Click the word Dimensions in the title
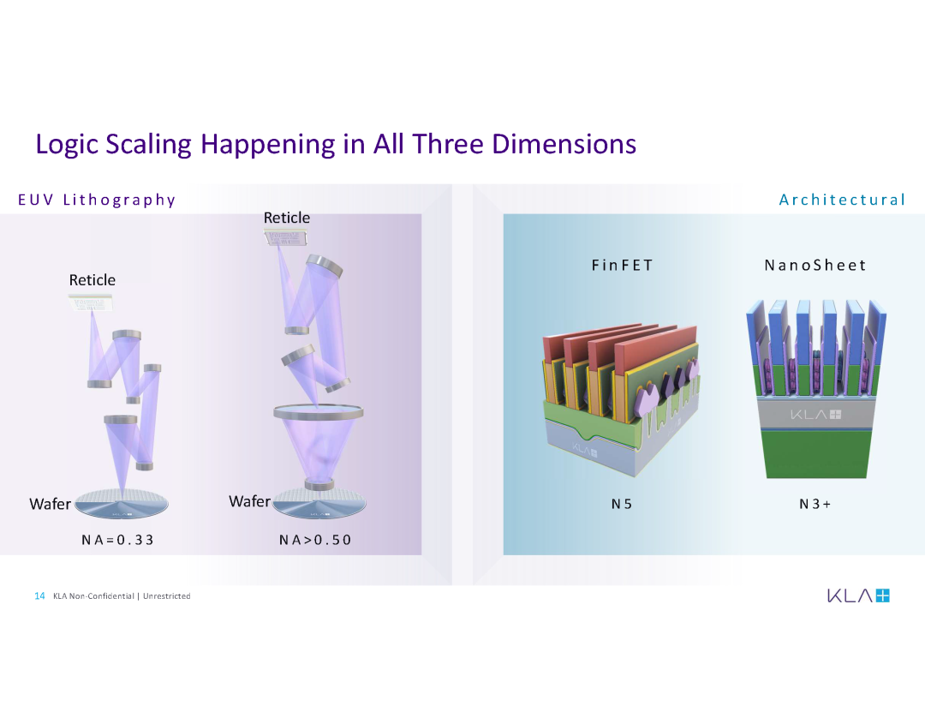(x=564, y=143)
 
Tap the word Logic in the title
(x=67, y=145)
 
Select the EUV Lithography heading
(x=97, y=200)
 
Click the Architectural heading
(x=842, y=200)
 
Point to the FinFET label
(x=623, y=265)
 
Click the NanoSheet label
(x=815, y=265)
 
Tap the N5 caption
(x=622, y=504)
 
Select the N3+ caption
(x=815, y=504)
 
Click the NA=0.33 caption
(x=117, y=540)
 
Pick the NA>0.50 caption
(x=315, y=540)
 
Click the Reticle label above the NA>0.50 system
(x=287, y=218)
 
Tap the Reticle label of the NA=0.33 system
(x=92, y=280)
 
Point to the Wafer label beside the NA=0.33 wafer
(x=51, y=504)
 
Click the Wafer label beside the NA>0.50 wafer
(x=249, y=501)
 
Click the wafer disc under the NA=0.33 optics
(x=122, y=505)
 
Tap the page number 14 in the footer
(x=39, y=595)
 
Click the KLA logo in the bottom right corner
(x=858, y=595)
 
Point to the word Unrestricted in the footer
(x=166, y=596)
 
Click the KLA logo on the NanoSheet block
(x=816, y=415)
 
